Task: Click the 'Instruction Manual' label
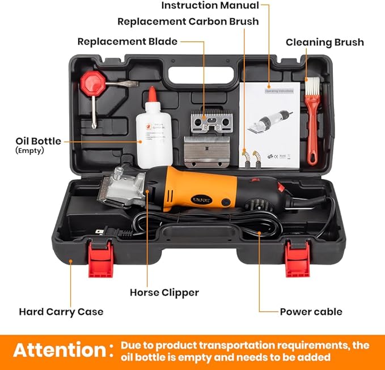[x=210, y=6]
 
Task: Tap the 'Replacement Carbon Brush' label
[x=188, y=22]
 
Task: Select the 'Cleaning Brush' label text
[x=324, y=42]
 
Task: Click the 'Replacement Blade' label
[x=127, y=41]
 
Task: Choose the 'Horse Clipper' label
[x=164, y=293]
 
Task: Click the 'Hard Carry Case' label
[x=61, y=312]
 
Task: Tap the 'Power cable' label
[x=311, y=312]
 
